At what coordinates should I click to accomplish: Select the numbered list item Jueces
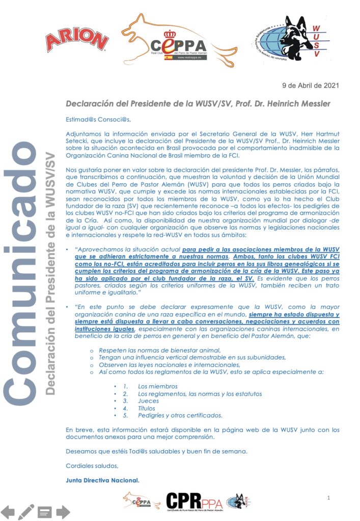coord(148,401)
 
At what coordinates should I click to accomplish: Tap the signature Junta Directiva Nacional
coord(102,479)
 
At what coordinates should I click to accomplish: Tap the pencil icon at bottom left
coord(25,511)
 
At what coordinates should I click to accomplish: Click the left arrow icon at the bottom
coord(8,511)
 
